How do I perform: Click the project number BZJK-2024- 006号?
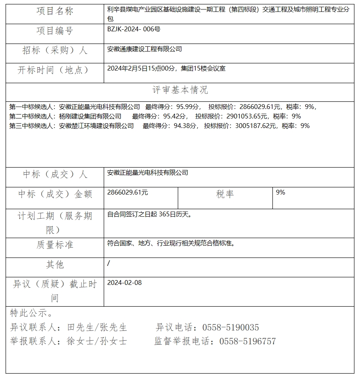(x=133, y=29)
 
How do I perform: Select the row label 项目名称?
(x=55, y=11)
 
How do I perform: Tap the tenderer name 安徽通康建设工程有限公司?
(x=145, y=49)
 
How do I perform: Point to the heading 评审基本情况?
(x=180, y=90)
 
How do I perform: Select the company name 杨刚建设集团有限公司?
(x=90, y=116)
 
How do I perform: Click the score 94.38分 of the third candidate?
(x=183, y=126)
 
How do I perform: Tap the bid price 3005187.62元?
(x=255, y=126)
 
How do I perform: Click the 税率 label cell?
(x=225, y=194)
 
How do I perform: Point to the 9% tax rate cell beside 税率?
(x=280, y=192)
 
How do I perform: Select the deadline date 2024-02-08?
(x=124, y=283)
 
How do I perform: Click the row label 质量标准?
(x=55, y=245)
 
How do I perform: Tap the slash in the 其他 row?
(x=109, y=263)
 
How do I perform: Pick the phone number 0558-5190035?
(x=230, y=328)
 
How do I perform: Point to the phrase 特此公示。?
(x=31, y=313)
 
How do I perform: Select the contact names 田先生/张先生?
(x=97, y=328)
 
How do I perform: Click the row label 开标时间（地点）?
(x=55, y=70)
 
